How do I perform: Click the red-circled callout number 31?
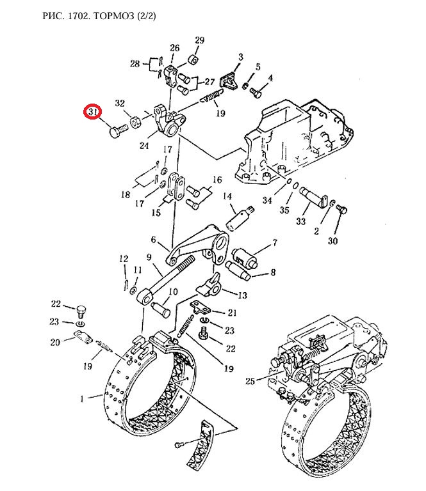[92, 111]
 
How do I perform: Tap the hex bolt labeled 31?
[119, 131]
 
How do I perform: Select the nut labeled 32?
[136, 122]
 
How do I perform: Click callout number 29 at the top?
[199, 40]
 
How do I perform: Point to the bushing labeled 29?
[193, 59]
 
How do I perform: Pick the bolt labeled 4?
[256, 92]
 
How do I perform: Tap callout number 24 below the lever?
[144, 146]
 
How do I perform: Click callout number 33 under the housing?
[300, 221]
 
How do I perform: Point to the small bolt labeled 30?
[341, 209]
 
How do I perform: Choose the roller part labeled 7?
[245, 258]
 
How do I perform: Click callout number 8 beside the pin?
[273, 272]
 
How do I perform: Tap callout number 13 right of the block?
[243, 295]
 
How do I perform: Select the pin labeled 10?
[161, 309]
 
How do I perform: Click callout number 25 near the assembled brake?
[250, 381]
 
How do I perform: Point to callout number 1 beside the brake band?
[82, 399]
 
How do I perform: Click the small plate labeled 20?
[82, 337]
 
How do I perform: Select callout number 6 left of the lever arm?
[153, 240]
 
